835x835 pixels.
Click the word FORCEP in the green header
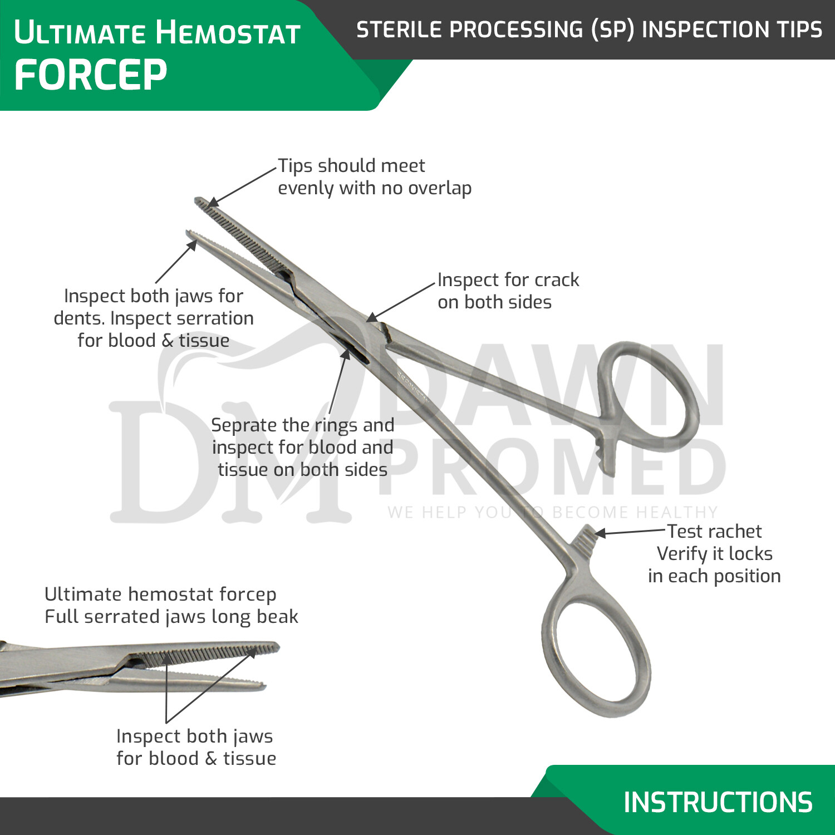[90, 75]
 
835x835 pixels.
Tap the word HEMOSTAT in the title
[228, 32]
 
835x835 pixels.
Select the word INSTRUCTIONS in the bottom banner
[718, 802]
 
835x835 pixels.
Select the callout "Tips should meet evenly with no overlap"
[374, 177]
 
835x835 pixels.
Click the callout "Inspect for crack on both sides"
[508, 291]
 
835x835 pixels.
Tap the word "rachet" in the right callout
[734, 532]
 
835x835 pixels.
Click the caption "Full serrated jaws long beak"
[171, 617]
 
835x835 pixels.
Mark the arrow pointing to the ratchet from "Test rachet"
[629, 532]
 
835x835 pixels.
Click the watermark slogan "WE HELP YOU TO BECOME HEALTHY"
[552, 512]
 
